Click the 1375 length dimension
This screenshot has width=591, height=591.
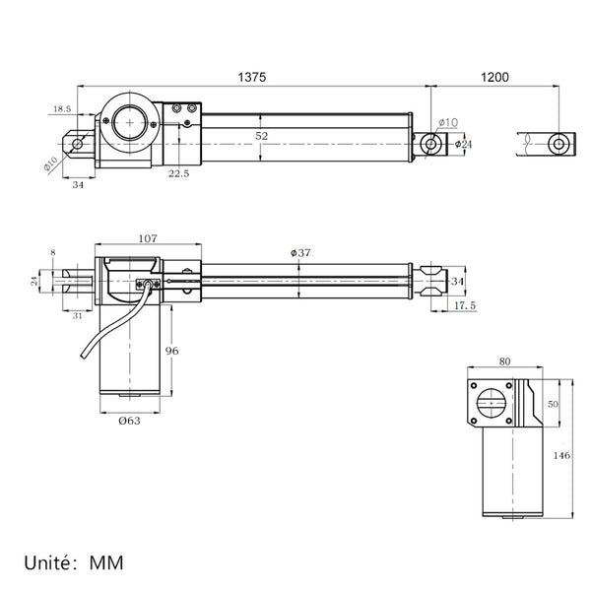(252, 77)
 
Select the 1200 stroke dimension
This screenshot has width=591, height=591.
(494, 77)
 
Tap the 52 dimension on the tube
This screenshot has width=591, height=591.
(262, 136)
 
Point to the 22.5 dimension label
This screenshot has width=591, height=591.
(178, 173)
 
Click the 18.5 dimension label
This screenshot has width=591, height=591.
(62, 109)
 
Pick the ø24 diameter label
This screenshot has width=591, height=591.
(463, 144)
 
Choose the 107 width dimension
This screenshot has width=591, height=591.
(148, 238)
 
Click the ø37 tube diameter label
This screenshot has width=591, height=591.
(300, 252)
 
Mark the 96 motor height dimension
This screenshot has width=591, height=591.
(171, 351)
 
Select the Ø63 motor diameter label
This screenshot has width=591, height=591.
(129, 421)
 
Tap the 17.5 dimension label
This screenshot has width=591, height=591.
(465, 305)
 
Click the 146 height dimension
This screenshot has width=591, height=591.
(561, 455)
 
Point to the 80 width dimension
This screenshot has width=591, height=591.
(504, 361)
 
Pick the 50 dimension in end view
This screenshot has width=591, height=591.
(553, 404)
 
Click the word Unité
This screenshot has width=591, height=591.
(48, 562)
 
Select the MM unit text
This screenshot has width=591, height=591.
(106, 563)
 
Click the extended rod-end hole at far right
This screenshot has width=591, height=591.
(558, 144)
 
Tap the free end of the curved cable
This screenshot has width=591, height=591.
(83, 356)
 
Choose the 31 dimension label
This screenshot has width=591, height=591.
(77, 316)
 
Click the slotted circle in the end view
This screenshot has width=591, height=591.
(492, 403)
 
